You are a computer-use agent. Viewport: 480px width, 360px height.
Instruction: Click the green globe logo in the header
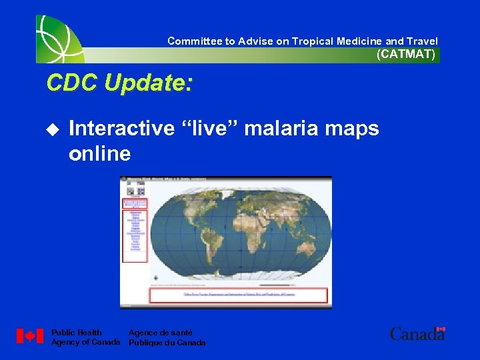pyautogui.click(x=59, y=39)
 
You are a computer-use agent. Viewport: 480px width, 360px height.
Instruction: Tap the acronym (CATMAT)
pyautogui.click(x=406, y=55)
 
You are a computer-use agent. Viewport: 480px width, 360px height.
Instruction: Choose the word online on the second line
pyautogui.click(x=99, y=154)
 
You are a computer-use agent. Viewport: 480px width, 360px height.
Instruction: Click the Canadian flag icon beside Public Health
pyautogui.click(x=30, y=336)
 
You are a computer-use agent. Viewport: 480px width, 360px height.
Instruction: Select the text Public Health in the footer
pyautogui.click(x=77, y=332)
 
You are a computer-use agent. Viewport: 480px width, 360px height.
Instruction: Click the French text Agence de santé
pyautogui.click(x=160, y=332)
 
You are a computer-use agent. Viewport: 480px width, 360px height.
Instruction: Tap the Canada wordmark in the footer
pyautogui.click(x=417, y=334)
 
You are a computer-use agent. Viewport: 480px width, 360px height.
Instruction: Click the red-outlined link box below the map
pyautogui.click(x=239, y=295)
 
